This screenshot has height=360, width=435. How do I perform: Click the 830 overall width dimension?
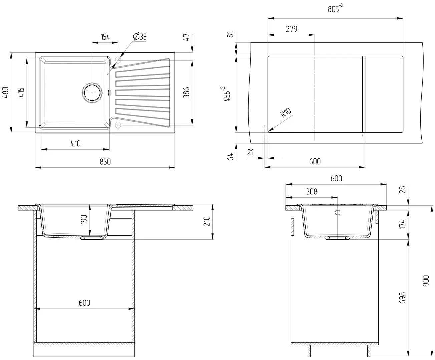click(x=105, y=162)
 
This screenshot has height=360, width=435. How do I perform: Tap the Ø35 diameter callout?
click(x=140, y=37)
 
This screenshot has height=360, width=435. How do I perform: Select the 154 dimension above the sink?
click(x=105, y=37)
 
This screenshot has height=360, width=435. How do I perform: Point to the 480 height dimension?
click(x=5, y=92)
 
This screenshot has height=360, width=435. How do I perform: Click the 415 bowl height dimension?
click(x=21, y=92)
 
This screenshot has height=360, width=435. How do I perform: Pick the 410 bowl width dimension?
click(x=75, y=143)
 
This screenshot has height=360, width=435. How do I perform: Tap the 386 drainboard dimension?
click(x=186, y=92)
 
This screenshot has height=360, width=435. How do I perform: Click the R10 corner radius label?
click(x=286, y=113)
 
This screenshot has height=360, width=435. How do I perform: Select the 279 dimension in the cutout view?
click(x=291, y=29)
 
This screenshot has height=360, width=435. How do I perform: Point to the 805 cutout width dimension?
click(x=335, y=8)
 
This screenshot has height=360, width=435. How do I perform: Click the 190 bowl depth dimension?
click(x=84, y=220)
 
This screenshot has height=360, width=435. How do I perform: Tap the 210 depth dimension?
click(x=207, y=221)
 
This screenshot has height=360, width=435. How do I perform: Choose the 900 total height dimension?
click(x=426, y=280)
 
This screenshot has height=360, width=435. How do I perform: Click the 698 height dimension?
click(x=402, y=298)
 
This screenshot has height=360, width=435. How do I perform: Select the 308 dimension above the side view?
click(x=312, y=192)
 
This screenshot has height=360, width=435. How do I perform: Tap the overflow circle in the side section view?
click(x=338, y=212)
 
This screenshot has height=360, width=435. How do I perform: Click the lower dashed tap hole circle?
click(x=118, y=125)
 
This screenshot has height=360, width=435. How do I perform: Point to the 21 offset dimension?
click(x=250, y=152)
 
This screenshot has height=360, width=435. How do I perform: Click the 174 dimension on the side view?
click(x=402, y=224)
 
